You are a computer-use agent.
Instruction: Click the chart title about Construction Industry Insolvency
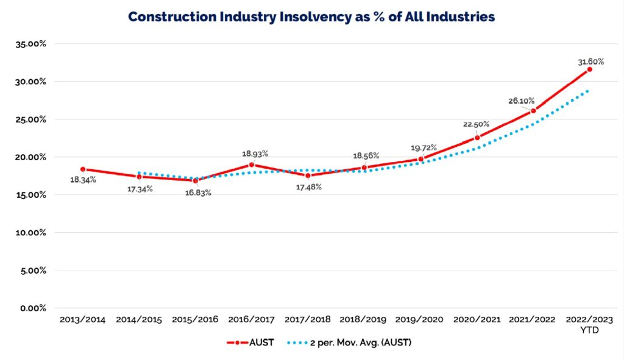point(311,17)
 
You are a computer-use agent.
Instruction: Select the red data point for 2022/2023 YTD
point(589,69)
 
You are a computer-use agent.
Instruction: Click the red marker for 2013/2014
point(83,169)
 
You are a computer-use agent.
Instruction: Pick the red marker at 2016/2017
point(252,164)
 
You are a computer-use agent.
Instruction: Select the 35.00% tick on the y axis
point(30,44)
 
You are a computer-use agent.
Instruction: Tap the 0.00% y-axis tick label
point(32,308)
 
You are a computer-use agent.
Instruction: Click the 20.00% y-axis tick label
point(30,157)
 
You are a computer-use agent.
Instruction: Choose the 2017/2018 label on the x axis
point(308,320)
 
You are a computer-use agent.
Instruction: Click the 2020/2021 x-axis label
point(477,320)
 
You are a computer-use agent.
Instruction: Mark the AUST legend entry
point(250,343)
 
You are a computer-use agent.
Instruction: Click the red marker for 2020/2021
point(477,138)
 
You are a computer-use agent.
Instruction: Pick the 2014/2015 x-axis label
point(139,320)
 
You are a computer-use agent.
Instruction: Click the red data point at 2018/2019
point(364,168)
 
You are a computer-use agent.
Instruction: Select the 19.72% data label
point(423,147)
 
